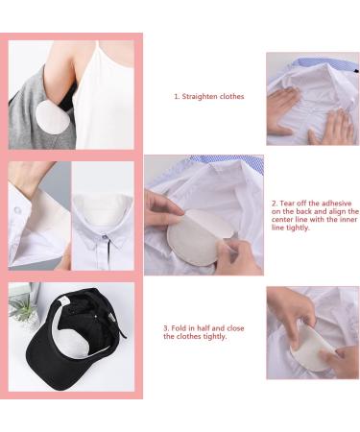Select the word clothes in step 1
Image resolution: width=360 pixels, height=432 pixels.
(231, 96)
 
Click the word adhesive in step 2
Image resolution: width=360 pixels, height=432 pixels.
(336, 204)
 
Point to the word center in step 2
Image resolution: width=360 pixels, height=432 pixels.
(281, 220)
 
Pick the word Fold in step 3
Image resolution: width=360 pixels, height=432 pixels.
(178, 328)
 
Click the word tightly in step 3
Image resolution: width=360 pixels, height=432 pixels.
(215, 337)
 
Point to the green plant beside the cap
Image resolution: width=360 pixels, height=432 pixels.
(22, 307)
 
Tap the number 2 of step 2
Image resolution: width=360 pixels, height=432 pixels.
(275, 204)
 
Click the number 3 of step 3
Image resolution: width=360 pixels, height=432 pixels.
(166, 328)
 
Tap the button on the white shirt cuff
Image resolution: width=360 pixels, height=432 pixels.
(18, 210)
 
